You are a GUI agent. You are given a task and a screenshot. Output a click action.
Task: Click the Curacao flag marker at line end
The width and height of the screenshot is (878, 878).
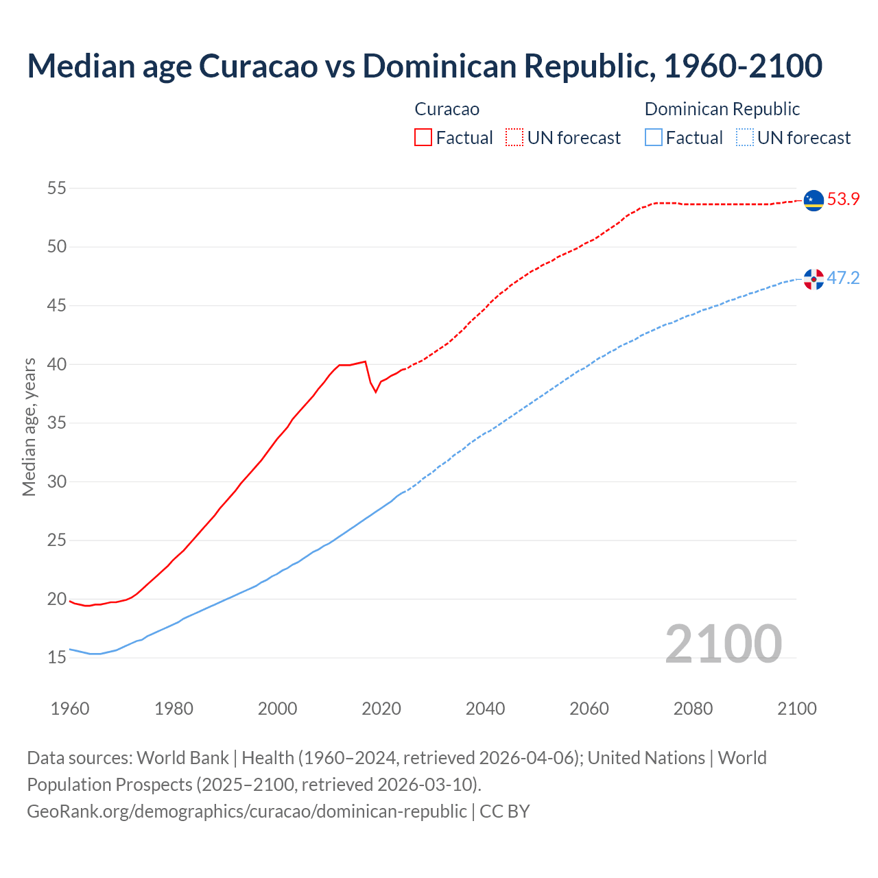pyautogui.click(x=814, y=200)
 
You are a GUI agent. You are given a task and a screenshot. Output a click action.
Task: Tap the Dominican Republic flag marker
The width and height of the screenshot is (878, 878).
pyautogui.click(x=814, y=279)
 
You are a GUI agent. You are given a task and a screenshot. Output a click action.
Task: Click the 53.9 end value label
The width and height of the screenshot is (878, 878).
pyautogui.click(x=843, y=200)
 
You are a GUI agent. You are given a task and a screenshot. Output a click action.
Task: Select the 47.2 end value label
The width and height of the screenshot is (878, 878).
pyautogui.click(x=843, y=278)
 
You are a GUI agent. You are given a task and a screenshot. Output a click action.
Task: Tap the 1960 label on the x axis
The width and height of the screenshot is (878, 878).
pyautogui.click(x=70, y=709)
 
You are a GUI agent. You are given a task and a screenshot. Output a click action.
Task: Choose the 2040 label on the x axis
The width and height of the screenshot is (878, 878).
pyautogui.click(x=485, y=709)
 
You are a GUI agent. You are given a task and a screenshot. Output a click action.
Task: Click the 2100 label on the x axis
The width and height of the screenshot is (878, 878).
pyautogui.click(x=796, y=709)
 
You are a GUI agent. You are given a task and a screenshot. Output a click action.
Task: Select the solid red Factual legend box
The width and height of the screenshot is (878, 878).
pyautogui.click(x=423, y=138)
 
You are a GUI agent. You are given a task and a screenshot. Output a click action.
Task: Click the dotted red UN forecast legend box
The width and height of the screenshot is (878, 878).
pyautogui.click(x=514, y=138)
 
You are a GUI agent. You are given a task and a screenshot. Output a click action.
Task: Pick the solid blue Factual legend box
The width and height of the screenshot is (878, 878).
pyautogui.click(x=654, y=138)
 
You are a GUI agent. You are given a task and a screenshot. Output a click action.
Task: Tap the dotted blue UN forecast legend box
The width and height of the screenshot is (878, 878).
pyautogui.click(x=745, y=138)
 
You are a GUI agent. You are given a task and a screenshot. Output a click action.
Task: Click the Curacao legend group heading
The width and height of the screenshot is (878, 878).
pyautogui.click(x=447, y=109)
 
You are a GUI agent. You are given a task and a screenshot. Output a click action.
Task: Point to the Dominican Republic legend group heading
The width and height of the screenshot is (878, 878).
pyautogui.click(x=722, y=109)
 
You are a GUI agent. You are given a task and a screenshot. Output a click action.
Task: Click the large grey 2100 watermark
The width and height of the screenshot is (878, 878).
pyautogui.click(x=723, y=643)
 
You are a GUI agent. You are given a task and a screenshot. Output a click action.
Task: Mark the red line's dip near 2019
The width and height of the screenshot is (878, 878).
pyautogui.click(x=376, y=392)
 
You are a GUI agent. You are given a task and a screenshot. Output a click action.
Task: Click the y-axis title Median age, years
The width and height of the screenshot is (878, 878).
pyautogui.click(x=29, y=427)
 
